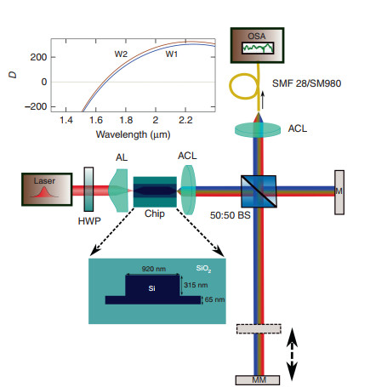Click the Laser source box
47,190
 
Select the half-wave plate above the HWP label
88,189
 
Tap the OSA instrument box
257,45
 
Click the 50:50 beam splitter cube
259,191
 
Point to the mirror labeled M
339,192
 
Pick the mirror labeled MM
258,380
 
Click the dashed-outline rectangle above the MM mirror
259,329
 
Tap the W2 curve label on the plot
121,54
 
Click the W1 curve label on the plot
172,54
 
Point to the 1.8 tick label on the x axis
126,120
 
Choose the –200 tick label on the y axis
36,106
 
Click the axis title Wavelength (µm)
133,134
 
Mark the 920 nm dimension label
154,269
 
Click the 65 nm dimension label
214,299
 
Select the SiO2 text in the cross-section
203,269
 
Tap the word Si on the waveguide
151,288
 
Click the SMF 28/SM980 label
306,83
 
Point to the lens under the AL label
118,191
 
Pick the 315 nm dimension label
196,285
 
